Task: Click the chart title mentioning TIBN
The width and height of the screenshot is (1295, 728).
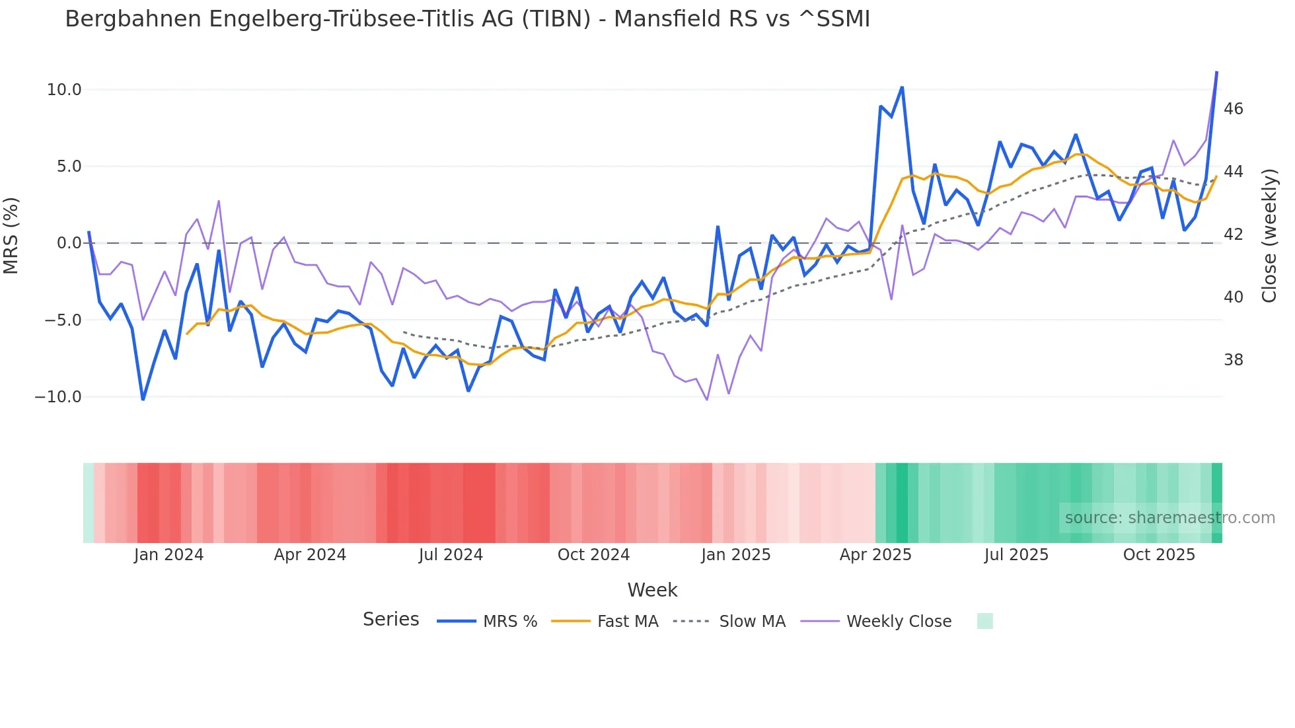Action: point(467,19)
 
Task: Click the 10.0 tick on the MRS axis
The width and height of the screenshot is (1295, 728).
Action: point(64,90)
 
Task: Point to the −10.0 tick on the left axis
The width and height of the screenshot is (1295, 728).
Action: point(58,397)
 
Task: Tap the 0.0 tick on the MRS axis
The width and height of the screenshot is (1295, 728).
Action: point(69,243)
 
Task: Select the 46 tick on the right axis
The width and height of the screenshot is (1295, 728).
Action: point(1233,109)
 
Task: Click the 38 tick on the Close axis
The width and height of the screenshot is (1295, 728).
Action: point(1233,360)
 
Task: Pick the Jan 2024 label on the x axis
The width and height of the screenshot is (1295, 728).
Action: point(168,555)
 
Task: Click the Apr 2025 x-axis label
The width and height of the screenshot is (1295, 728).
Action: point(875,555)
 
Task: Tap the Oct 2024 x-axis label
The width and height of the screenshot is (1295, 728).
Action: point(593,555)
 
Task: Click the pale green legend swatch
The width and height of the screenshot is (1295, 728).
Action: point(984,621)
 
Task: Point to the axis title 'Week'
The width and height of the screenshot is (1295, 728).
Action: point(652,590)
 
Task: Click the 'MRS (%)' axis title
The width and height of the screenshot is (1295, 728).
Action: point(11,235)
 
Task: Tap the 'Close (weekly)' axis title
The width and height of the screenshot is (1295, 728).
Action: point(1269,236)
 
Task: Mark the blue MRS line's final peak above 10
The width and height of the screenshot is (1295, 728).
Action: point(1216,73)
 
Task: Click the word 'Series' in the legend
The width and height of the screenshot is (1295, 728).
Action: point(390,620)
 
